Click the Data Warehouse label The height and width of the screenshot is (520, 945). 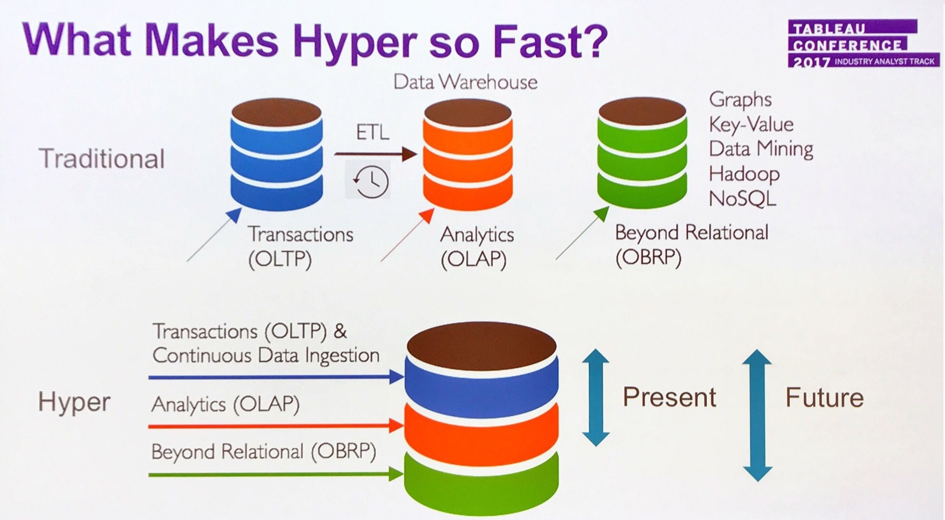pos(465,82)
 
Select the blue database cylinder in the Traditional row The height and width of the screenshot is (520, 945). pos(276,155)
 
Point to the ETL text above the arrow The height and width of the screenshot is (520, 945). pos(372,132)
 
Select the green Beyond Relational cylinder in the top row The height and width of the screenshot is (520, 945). pos(642,154)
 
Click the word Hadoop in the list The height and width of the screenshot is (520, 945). pos(744,174)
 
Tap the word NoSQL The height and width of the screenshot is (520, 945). pos(742,198)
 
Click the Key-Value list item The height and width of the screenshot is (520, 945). pos(751,125)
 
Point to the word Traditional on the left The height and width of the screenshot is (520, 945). pos(102,158)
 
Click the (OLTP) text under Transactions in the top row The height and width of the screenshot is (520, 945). pos(280,260)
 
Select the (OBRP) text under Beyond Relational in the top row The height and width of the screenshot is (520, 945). pos(648,258)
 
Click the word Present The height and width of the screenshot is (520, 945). pos(669,397)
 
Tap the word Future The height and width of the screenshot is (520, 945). pos(824,397)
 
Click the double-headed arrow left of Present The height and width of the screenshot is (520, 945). pos(596,397)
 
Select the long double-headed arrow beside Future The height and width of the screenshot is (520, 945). pos(757,415)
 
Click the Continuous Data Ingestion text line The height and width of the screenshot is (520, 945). pos(266,356)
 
